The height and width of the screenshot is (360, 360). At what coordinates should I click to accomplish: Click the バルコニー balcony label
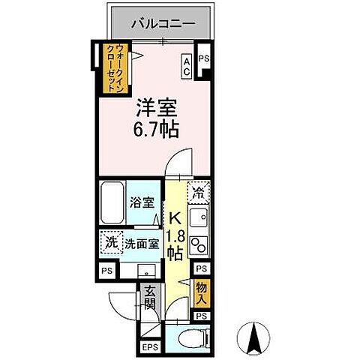point(163,24)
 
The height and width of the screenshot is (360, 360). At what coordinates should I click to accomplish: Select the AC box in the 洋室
point(187,67)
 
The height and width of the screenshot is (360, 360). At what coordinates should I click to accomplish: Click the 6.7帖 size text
point(155,130)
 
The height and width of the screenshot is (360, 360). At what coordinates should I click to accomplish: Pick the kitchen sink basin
point(199,218)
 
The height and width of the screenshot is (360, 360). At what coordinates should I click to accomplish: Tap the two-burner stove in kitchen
point(199,246)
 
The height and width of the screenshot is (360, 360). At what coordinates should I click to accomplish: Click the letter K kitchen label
point(174,219)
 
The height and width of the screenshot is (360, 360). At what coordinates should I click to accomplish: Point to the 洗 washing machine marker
point(109,242)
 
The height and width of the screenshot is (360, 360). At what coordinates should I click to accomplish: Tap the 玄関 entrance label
point(150,298)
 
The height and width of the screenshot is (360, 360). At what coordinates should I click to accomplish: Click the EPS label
point(148,347)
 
